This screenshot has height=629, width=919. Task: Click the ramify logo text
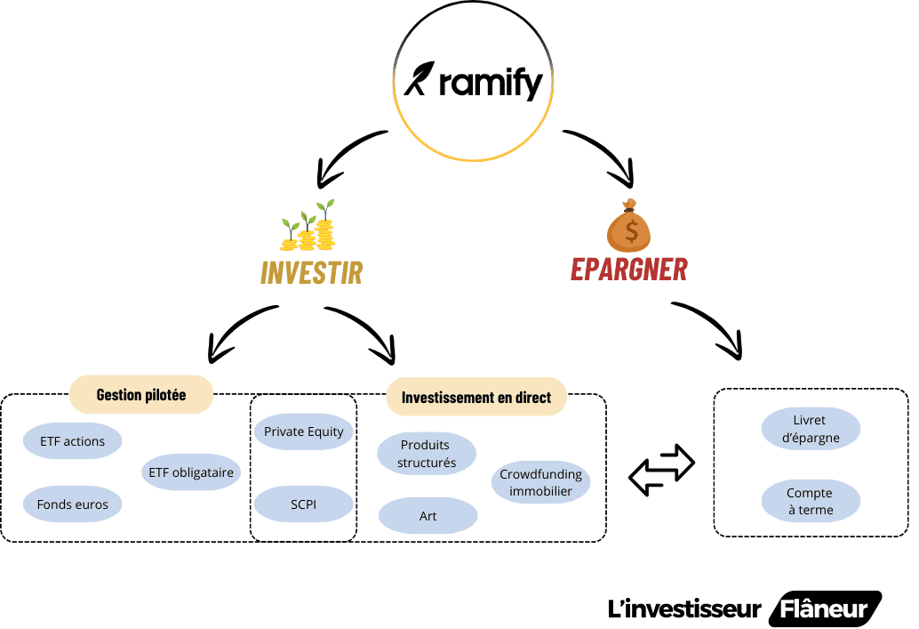coord(490,85)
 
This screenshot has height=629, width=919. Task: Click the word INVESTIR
coord(311,272)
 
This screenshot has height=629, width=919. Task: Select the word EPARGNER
coord(629,268)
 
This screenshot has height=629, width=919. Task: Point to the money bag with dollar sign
coord(629,225)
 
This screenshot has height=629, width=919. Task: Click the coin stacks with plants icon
coord(309,226)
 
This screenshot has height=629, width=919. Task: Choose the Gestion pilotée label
coord(141,395)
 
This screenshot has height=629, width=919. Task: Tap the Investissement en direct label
coord(476,398)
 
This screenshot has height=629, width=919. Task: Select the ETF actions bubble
coord(72,440)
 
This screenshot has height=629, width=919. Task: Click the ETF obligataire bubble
coord(191,472)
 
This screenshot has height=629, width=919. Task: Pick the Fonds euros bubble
coord(72,504)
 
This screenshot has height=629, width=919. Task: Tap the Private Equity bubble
coord(304,431)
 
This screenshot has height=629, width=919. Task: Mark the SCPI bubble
coord(304,505)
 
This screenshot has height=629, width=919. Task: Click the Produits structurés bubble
coord(427,454)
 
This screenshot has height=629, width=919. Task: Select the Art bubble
coord(428,516)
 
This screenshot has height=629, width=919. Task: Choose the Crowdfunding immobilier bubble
coord(540,481)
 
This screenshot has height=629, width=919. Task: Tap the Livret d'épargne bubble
coord(811,428)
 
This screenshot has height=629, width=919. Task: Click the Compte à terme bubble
coord(811,501)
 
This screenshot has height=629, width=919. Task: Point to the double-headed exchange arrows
coord(661,470)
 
